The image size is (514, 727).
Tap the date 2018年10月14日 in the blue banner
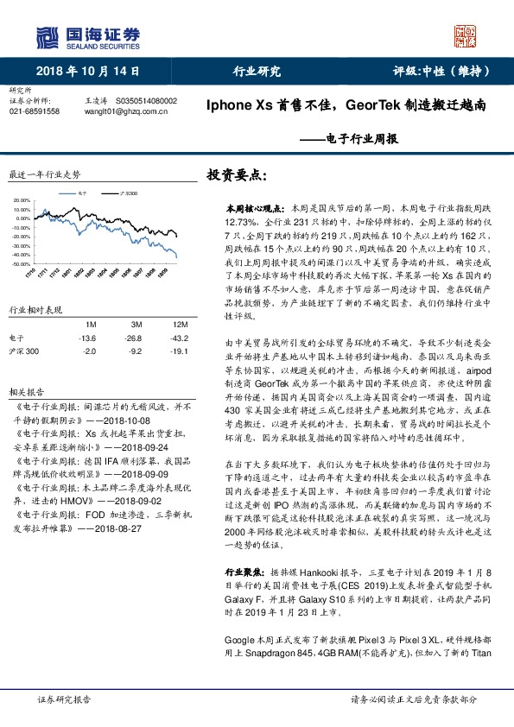pos(87,73)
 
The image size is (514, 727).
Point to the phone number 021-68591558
pos(34,111)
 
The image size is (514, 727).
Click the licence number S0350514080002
pos(145,101)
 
